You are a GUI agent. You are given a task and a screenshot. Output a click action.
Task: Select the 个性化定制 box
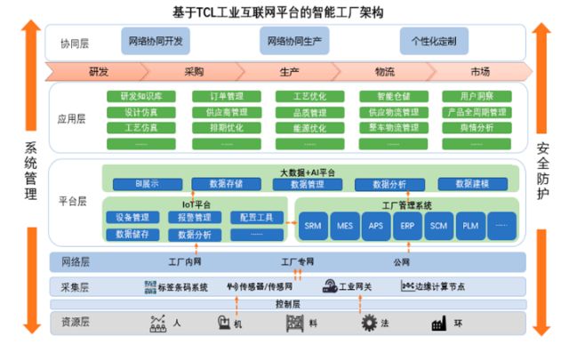pos(434,41)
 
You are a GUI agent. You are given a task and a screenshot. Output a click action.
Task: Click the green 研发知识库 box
pos(140,96)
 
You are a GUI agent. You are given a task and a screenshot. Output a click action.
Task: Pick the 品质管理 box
pos(308,112)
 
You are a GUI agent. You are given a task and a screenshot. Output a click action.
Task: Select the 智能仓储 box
pos(392,96)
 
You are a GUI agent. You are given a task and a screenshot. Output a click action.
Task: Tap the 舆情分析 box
pos(477,128)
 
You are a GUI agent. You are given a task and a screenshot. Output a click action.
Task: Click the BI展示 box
pos(148,184)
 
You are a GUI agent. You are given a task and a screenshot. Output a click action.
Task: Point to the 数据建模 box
pos(471,184)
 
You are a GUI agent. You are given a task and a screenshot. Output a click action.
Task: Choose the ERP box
pos(407,226)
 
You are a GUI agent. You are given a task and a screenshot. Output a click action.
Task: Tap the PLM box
pos(469,226)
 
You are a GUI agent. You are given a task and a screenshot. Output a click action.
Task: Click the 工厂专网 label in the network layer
pos(298,262)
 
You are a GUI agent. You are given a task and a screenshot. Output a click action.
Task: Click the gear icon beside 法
pos(369,324)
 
